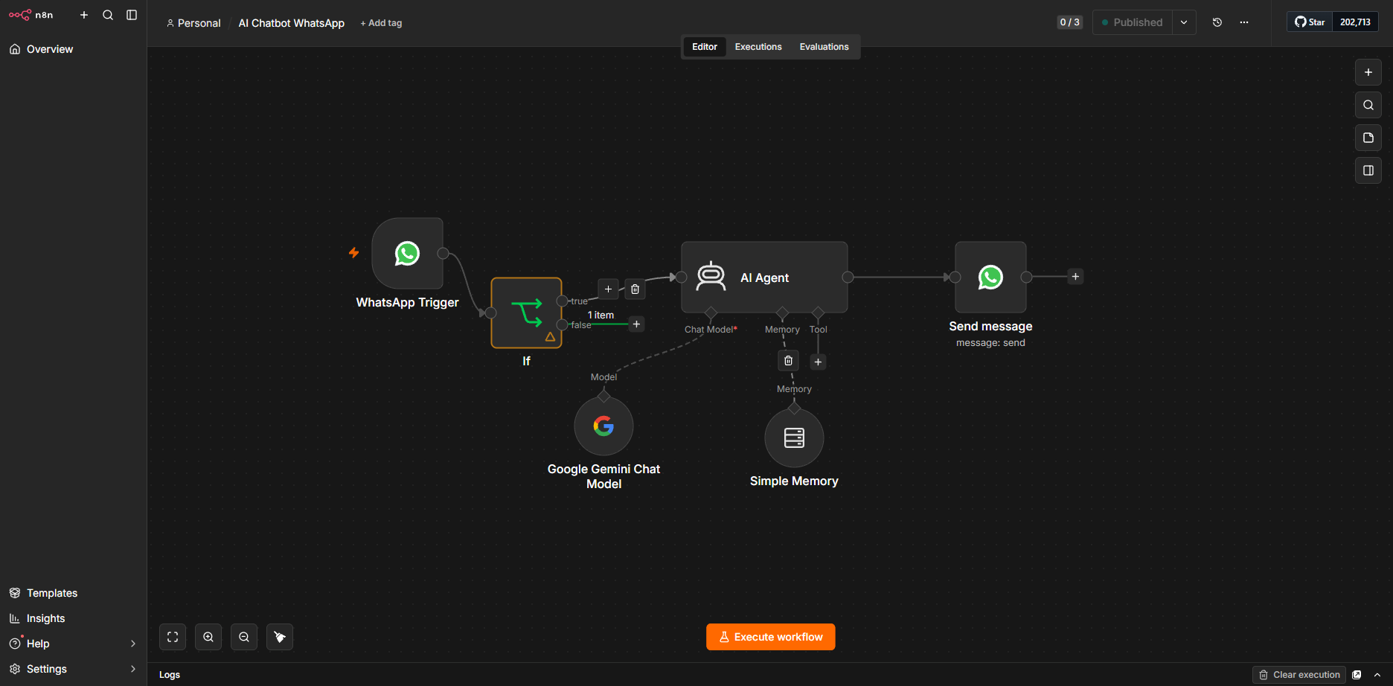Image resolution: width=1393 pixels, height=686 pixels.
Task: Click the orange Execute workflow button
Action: (770, 637)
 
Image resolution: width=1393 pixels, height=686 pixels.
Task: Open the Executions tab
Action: (758, 47)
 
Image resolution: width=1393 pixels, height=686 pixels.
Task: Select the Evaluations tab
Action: (824, 47)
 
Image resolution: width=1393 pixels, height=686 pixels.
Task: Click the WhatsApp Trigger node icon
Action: (407, 253)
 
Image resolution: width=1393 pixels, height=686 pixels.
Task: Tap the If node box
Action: (526, 312)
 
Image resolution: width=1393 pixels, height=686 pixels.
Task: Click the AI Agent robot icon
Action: (711, 277)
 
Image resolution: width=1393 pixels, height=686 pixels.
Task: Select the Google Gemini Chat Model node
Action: (603, 426)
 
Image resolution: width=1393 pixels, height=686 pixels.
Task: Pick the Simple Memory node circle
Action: (794, 437)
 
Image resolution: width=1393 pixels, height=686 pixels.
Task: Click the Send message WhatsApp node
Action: (990, 277)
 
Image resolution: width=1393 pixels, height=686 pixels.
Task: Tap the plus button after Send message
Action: (1075, 277)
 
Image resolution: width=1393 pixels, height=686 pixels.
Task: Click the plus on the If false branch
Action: (636, 324)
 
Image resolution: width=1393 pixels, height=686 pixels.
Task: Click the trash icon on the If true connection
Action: (635, 289)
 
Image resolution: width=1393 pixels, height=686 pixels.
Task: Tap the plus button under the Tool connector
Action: (818, 362)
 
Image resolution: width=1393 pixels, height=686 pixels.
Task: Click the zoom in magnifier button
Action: (208, 637)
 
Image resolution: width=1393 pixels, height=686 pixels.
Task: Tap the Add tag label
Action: (381, 23)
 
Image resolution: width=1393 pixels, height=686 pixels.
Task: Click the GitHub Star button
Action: (1310, 22)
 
